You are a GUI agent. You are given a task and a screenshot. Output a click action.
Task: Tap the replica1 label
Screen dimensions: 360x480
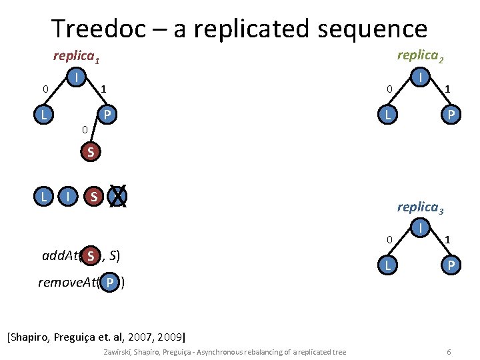click(x=76, y=57)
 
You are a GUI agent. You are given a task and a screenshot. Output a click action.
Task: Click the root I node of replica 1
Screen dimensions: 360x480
click(x=77, y=78)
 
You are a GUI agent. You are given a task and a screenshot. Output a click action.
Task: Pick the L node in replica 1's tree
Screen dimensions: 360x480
click(x=43, y=115)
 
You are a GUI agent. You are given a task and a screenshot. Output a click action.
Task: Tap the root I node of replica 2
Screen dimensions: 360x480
click(x=421, y=78)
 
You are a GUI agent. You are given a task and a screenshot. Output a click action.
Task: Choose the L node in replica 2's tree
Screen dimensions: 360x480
click(x=386, y=115)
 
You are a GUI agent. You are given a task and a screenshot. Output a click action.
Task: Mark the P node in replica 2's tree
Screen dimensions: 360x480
click(x=451, y=115)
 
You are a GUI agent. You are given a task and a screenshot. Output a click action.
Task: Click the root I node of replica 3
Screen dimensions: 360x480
click(x=421, y=229)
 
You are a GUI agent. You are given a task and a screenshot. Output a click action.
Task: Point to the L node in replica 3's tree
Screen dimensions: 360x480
click(x=386, y=265)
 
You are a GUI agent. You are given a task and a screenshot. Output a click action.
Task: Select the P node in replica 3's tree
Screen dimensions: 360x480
click(x=451, y=265)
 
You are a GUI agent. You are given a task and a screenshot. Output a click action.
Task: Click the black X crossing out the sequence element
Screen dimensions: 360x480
click(x=118, y=196)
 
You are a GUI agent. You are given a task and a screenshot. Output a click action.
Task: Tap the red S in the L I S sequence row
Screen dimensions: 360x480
click(x=94, y=196)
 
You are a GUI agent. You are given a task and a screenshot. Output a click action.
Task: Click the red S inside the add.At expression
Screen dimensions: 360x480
click(x=90, y=256)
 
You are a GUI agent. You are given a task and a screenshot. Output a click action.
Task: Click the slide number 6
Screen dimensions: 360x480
click(x=449, y=351)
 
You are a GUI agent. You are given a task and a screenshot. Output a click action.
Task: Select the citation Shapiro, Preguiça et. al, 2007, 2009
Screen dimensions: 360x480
click(x=97, y=335)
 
